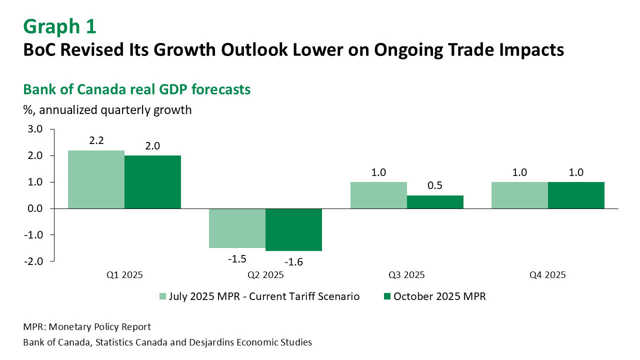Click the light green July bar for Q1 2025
96,179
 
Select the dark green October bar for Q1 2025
152,181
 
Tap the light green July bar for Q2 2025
237,228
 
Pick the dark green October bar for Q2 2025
293,229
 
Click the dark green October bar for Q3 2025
435,201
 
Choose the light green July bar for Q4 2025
519,195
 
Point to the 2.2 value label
96,141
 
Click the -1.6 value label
293,261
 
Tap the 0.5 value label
435,185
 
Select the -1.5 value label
237,259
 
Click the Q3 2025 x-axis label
406,274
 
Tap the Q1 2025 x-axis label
124,274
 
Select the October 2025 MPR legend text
439,296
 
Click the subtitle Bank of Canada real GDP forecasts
136,89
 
